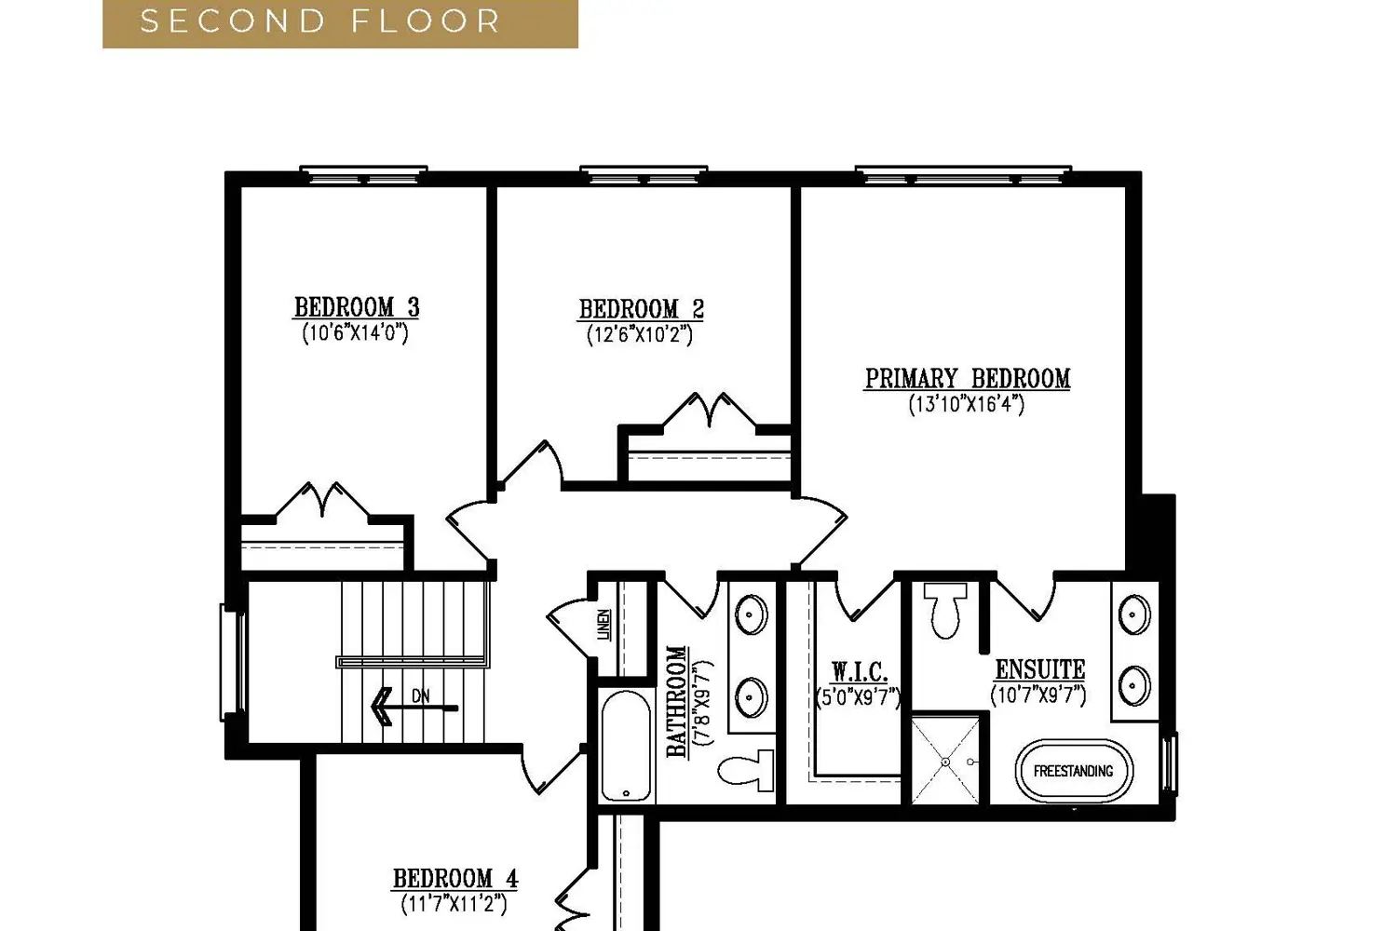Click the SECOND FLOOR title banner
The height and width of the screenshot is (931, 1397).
(340, 22)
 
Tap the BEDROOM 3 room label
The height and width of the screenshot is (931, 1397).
(357, 307)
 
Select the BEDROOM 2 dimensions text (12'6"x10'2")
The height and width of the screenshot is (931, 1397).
(639, 335)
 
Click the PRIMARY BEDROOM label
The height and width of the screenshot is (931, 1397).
(968, 379)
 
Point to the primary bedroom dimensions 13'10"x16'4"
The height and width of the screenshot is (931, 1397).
(967, 404)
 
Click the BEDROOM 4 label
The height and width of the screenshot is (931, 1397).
(454, 879)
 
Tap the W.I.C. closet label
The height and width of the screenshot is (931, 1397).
(859, 672)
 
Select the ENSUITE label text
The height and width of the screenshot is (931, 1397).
(1039, 669)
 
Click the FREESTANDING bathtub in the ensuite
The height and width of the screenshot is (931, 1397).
(1073, 771)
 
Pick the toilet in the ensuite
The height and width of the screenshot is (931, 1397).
(947, 611)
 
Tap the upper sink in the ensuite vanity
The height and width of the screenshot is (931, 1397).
(1134, 615)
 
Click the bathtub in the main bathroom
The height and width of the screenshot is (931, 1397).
(626, 746)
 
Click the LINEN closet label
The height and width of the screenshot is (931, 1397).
(604, 626)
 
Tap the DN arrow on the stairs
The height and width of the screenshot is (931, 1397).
(414, 707)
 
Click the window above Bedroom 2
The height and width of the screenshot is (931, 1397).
(643, 174)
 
